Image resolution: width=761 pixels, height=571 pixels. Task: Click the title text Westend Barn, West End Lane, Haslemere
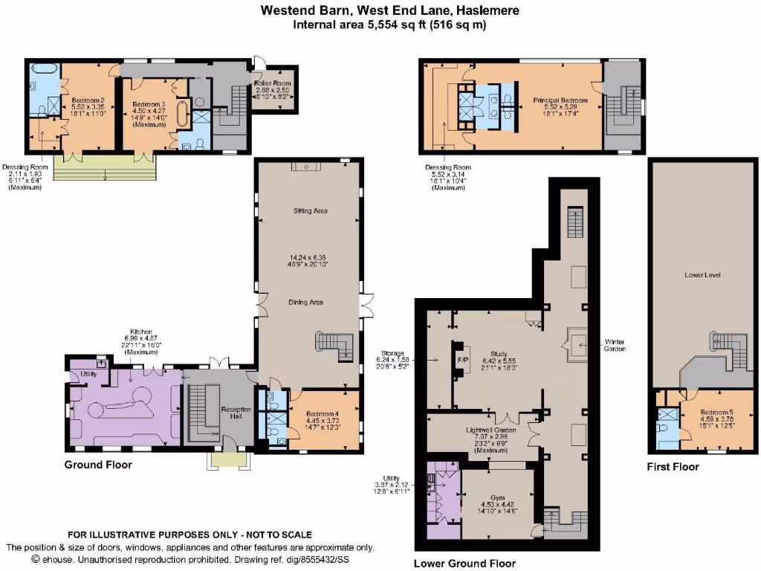tap(390, 10)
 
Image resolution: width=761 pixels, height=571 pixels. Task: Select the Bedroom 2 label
tap(88, 100)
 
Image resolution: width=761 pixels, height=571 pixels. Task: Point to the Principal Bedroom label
tap(560, 100)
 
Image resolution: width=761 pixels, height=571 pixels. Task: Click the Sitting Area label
tap(310, 211)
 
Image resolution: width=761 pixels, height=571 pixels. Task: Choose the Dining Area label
tap(309, 302)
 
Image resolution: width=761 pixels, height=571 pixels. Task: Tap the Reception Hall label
tap(230, 412)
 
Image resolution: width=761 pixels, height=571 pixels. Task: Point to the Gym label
tap(497, 497)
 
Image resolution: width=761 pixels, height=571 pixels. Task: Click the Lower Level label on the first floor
tap(702, 275)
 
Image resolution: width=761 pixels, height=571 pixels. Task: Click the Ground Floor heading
tap(98, 465)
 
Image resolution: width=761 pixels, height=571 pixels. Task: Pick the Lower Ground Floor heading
tap(464, 563)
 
